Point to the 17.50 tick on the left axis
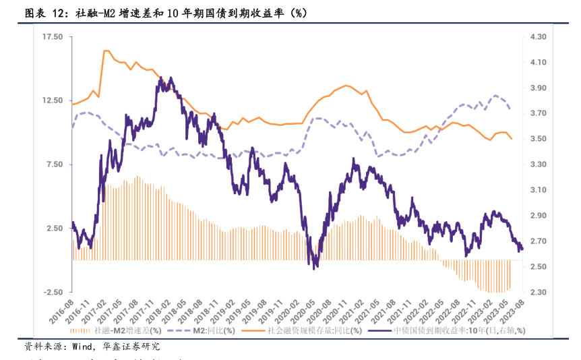(x=52, y=37)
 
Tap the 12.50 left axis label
(x=52, y=100)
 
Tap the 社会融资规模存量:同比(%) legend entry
(x=314, y=330)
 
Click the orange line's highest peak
(x=106, y=51)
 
